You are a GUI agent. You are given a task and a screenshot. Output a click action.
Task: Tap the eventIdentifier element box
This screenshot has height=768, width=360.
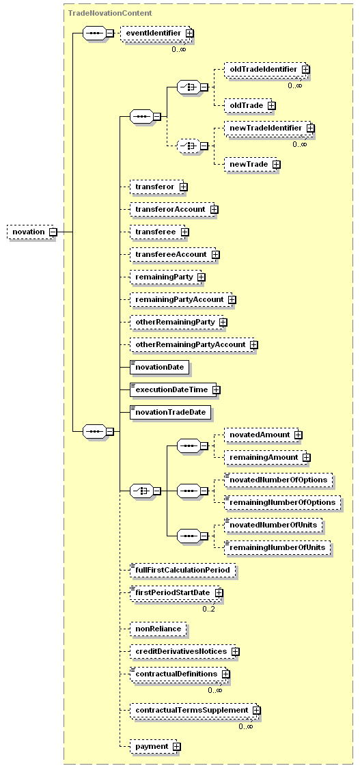coord(157,33)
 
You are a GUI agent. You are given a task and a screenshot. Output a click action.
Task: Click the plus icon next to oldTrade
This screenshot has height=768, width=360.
coord(271,105)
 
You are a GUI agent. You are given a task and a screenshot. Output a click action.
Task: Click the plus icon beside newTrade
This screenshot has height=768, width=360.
coord(276,164)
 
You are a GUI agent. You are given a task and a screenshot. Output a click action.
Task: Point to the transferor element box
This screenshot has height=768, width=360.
coord(158,187)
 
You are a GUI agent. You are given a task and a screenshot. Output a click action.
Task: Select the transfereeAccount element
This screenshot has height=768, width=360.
coord(174,254)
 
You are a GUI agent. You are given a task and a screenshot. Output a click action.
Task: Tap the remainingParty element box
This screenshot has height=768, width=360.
coord(167,277)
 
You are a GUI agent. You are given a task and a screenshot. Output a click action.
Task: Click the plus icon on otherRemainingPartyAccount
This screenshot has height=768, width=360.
coord(253,345)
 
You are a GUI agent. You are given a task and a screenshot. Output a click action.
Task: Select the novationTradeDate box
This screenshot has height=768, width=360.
coord(171,413)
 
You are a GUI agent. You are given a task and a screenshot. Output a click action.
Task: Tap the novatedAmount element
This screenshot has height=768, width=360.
coord(263,435)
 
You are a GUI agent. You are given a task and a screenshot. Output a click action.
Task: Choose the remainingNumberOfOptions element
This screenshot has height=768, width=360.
coord(283,502)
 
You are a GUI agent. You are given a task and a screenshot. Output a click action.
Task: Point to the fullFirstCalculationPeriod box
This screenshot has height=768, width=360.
coord(183,570)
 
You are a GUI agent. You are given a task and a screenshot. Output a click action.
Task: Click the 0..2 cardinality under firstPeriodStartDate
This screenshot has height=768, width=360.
coord(209,609)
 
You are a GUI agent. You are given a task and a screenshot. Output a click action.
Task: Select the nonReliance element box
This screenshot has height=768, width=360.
coord(158,629)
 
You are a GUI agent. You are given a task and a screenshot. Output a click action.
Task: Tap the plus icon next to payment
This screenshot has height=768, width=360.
coord(176,746)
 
